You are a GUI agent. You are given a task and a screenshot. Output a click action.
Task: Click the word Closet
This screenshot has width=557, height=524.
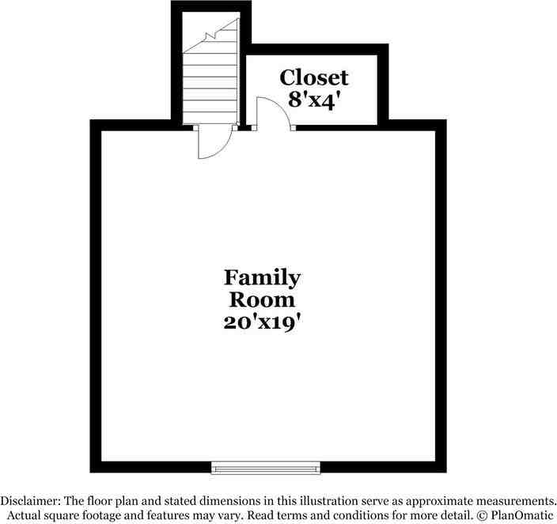tap(314, 77)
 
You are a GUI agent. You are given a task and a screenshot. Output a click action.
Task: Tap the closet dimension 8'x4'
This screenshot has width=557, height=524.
tap(314, 100)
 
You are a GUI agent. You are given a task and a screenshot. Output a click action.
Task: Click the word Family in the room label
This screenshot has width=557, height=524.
tap(262, 278)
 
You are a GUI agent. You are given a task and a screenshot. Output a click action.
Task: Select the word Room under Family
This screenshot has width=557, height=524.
tap(262, 300)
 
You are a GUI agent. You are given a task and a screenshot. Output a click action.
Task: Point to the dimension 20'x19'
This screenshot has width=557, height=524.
tap(262, 322)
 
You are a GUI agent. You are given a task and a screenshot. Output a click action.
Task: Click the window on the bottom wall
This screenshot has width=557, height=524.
tap(266, 468)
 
